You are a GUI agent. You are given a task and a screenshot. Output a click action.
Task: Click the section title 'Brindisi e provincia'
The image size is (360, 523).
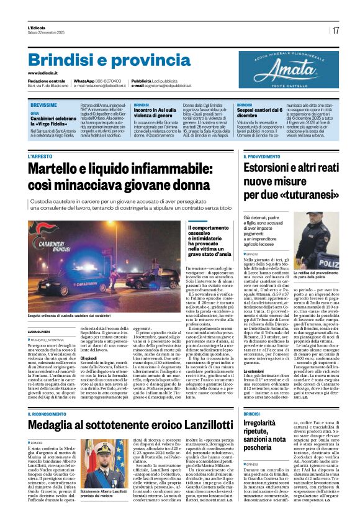tap(101, 60)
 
